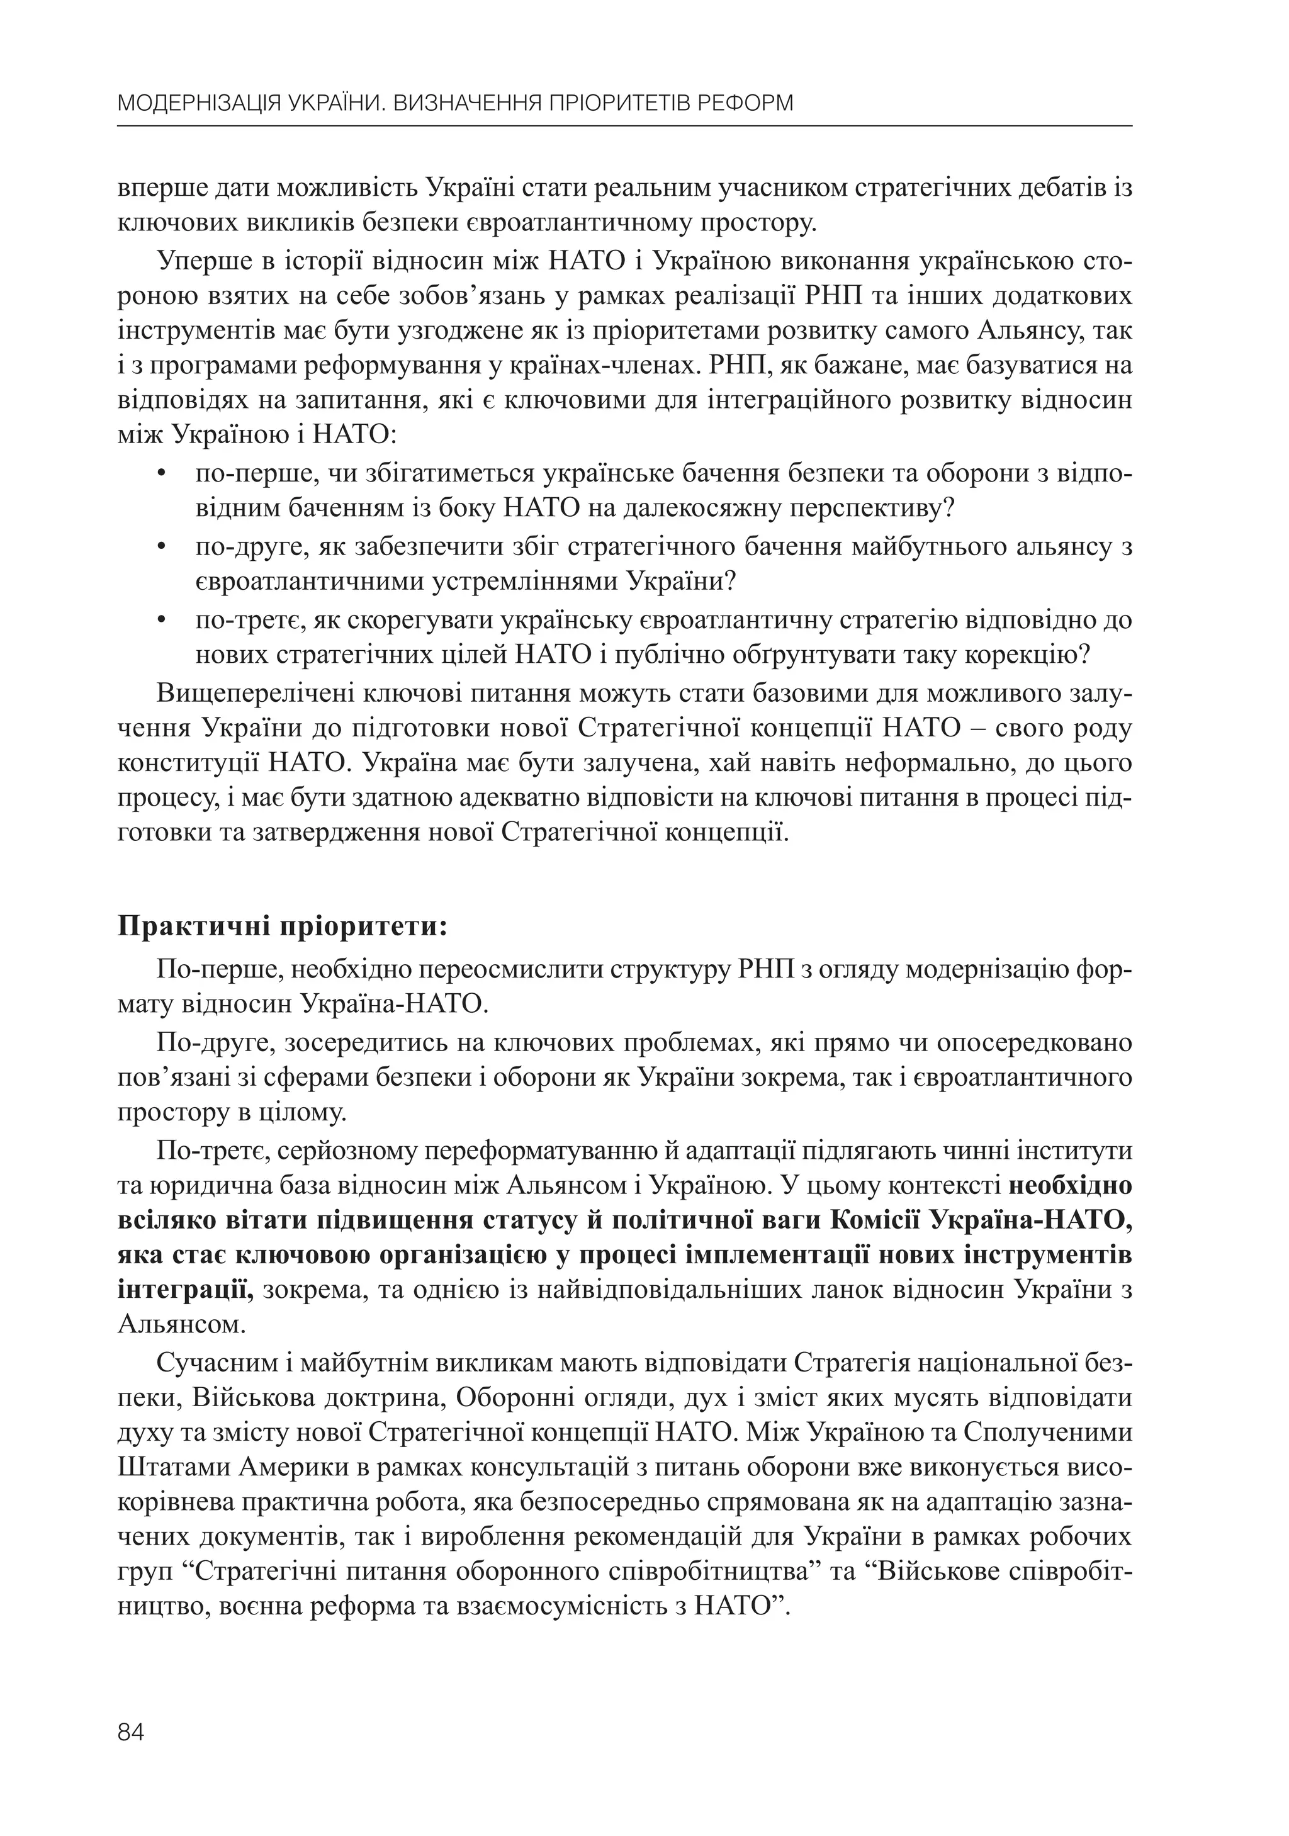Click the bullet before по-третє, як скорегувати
click(x=162, y=620)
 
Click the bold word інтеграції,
click(x=186, y=1291)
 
